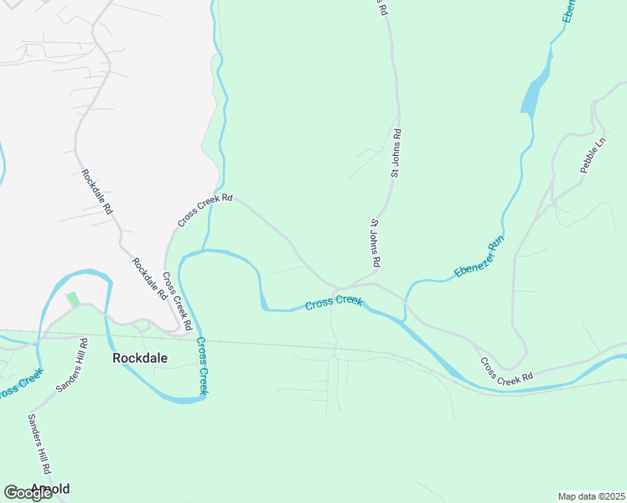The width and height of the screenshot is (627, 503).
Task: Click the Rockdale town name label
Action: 140,358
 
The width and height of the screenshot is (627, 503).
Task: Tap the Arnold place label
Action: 50,488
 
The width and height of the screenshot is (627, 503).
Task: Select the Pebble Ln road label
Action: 593,155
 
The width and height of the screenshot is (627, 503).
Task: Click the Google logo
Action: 28,493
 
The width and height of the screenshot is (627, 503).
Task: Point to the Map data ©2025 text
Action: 590,496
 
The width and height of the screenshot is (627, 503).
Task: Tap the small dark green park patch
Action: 73,298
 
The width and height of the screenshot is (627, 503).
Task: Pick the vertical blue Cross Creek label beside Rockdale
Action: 201,366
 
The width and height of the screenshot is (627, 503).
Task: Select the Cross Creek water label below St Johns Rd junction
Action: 334,303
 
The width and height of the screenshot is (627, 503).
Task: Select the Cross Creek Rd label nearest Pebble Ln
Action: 506,371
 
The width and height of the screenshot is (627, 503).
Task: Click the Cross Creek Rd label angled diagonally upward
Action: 205,211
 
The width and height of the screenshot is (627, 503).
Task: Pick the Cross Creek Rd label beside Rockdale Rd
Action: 178,300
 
